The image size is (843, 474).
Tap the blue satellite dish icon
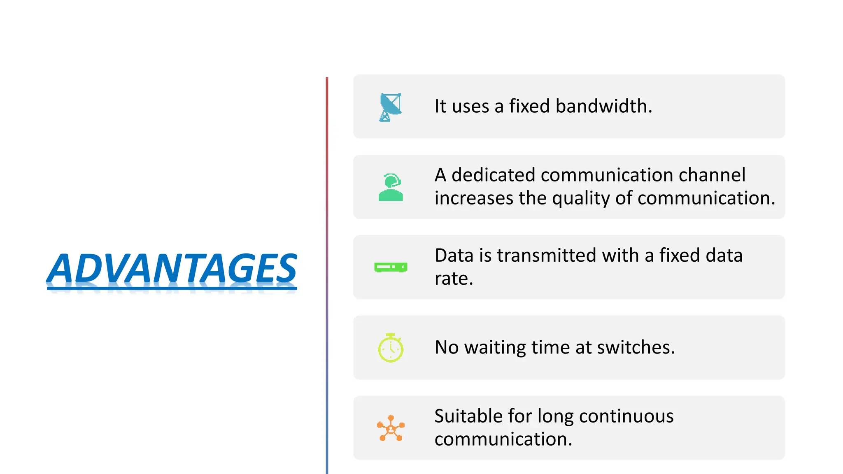click(390, 107)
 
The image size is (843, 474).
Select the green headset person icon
click(391, 187)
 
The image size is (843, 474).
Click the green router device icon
click(391, 267)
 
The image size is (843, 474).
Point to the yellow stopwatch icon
click(391, 348)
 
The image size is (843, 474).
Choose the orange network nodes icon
click(391, 428)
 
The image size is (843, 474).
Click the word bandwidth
click(603, 106)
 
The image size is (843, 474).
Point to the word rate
click(454, 279)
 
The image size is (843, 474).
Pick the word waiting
click(495, 348)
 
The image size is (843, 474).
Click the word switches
click(636, 348)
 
